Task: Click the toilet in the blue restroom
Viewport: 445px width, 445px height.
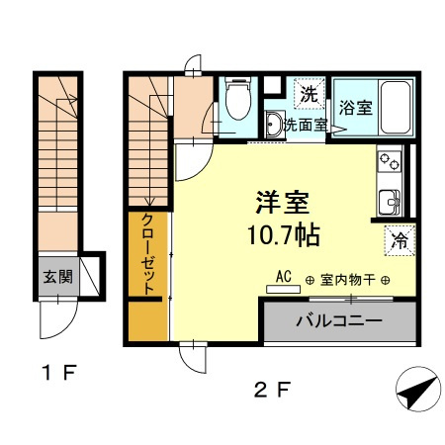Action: point(238,98)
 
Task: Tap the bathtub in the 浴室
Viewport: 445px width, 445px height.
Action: point(396,107)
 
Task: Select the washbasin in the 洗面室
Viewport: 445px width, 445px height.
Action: point(274,125)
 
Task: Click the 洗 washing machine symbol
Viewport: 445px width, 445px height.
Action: point(310,94)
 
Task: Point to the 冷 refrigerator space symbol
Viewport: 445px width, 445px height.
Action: point(400,240)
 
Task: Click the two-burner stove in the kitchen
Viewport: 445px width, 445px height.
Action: point(390,161)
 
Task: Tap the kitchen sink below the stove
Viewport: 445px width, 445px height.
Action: point(390,202)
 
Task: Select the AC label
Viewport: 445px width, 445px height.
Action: point(284,276)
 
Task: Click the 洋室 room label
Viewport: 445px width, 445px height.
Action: point(283,202)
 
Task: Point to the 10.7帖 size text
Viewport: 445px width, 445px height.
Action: point(284,235)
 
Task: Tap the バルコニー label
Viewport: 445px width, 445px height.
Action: point(339,320)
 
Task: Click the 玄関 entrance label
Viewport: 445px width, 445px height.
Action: point(58,277)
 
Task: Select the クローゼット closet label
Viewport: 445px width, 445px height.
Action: point(147,254)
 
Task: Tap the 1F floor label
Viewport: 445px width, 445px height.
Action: point(59,373)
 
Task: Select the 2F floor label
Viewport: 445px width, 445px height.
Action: point(273,390)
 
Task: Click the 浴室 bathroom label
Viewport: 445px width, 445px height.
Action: point(356,108)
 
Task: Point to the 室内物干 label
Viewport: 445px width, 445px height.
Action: point(348,280)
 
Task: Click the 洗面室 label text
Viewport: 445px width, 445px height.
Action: point(306,125)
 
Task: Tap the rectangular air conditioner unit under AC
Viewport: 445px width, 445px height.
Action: point(284,290)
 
